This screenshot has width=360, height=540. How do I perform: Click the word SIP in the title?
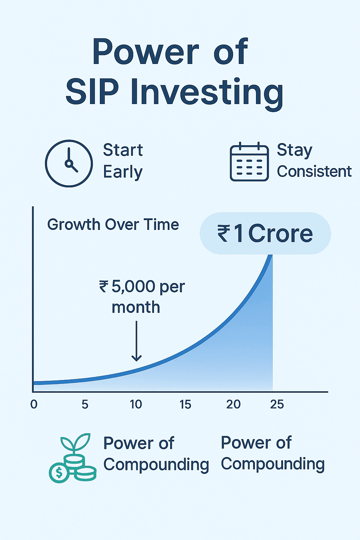coord(92,92)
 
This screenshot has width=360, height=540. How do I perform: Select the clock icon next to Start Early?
coord(69,163)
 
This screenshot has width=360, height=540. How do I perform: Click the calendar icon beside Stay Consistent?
coord(249,161)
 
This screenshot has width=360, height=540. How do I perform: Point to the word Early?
coord(123,172)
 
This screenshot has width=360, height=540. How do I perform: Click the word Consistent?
coord(314,172)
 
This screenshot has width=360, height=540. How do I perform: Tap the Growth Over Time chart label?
coord(113,225)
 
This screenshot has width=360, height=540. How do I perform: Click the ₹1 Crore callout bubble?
coord(265,233)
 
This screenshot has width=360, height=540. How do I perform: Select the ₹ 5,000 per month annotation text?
coord(142,297)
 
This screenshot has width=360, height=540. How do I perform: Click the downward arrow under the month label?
coord(136,341)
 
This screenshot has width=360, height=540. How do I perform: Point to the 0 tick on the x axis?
coord(34,404)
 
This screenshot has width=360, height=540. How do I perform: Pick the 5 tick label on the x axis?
coord(85,404)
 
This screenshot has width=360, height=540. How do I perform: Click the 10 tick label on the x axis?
coord(136,404)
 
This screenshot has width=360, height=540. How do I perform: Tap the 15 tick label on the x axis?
coord(185,404)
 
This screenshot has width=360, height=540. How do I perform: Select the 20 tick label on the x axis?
coord(233,404)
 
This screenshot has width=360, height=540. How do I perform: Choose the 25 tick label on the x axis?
coord(277,404)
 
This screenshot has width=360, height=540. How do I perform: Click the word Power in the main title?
coord(146,52)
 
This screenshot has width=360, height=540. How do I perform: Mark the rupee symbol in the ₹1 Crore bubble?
coord(223,233)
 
